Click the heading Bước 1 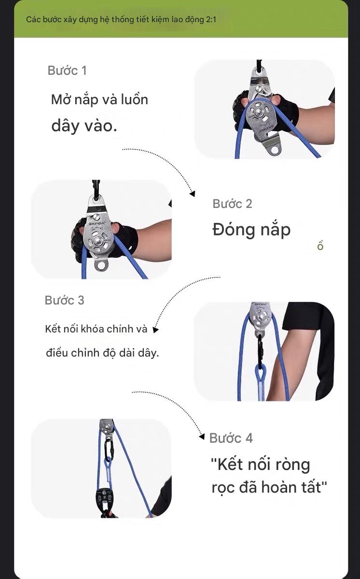pyautogui.click(x=67, y=70)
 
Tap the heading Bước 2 pyautogui.click(x=232, y=204)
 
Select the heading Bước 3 pyautogui.click(x=64, y=300)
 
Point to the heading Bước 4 pyautogui.click(x=231, y=438)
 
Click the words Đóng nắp pyautogui.click(x=251, y=230)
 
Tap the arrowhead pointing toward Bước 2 pyautogui.click(x=192, y=193)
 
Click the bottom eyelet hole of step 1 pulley pyautogui.click(x=275, y=149)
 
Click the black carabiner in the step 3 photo pyautogui.click(x=260, y=349)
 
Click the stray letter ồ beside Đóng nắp pyautogui.click(x=320, y=246)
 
